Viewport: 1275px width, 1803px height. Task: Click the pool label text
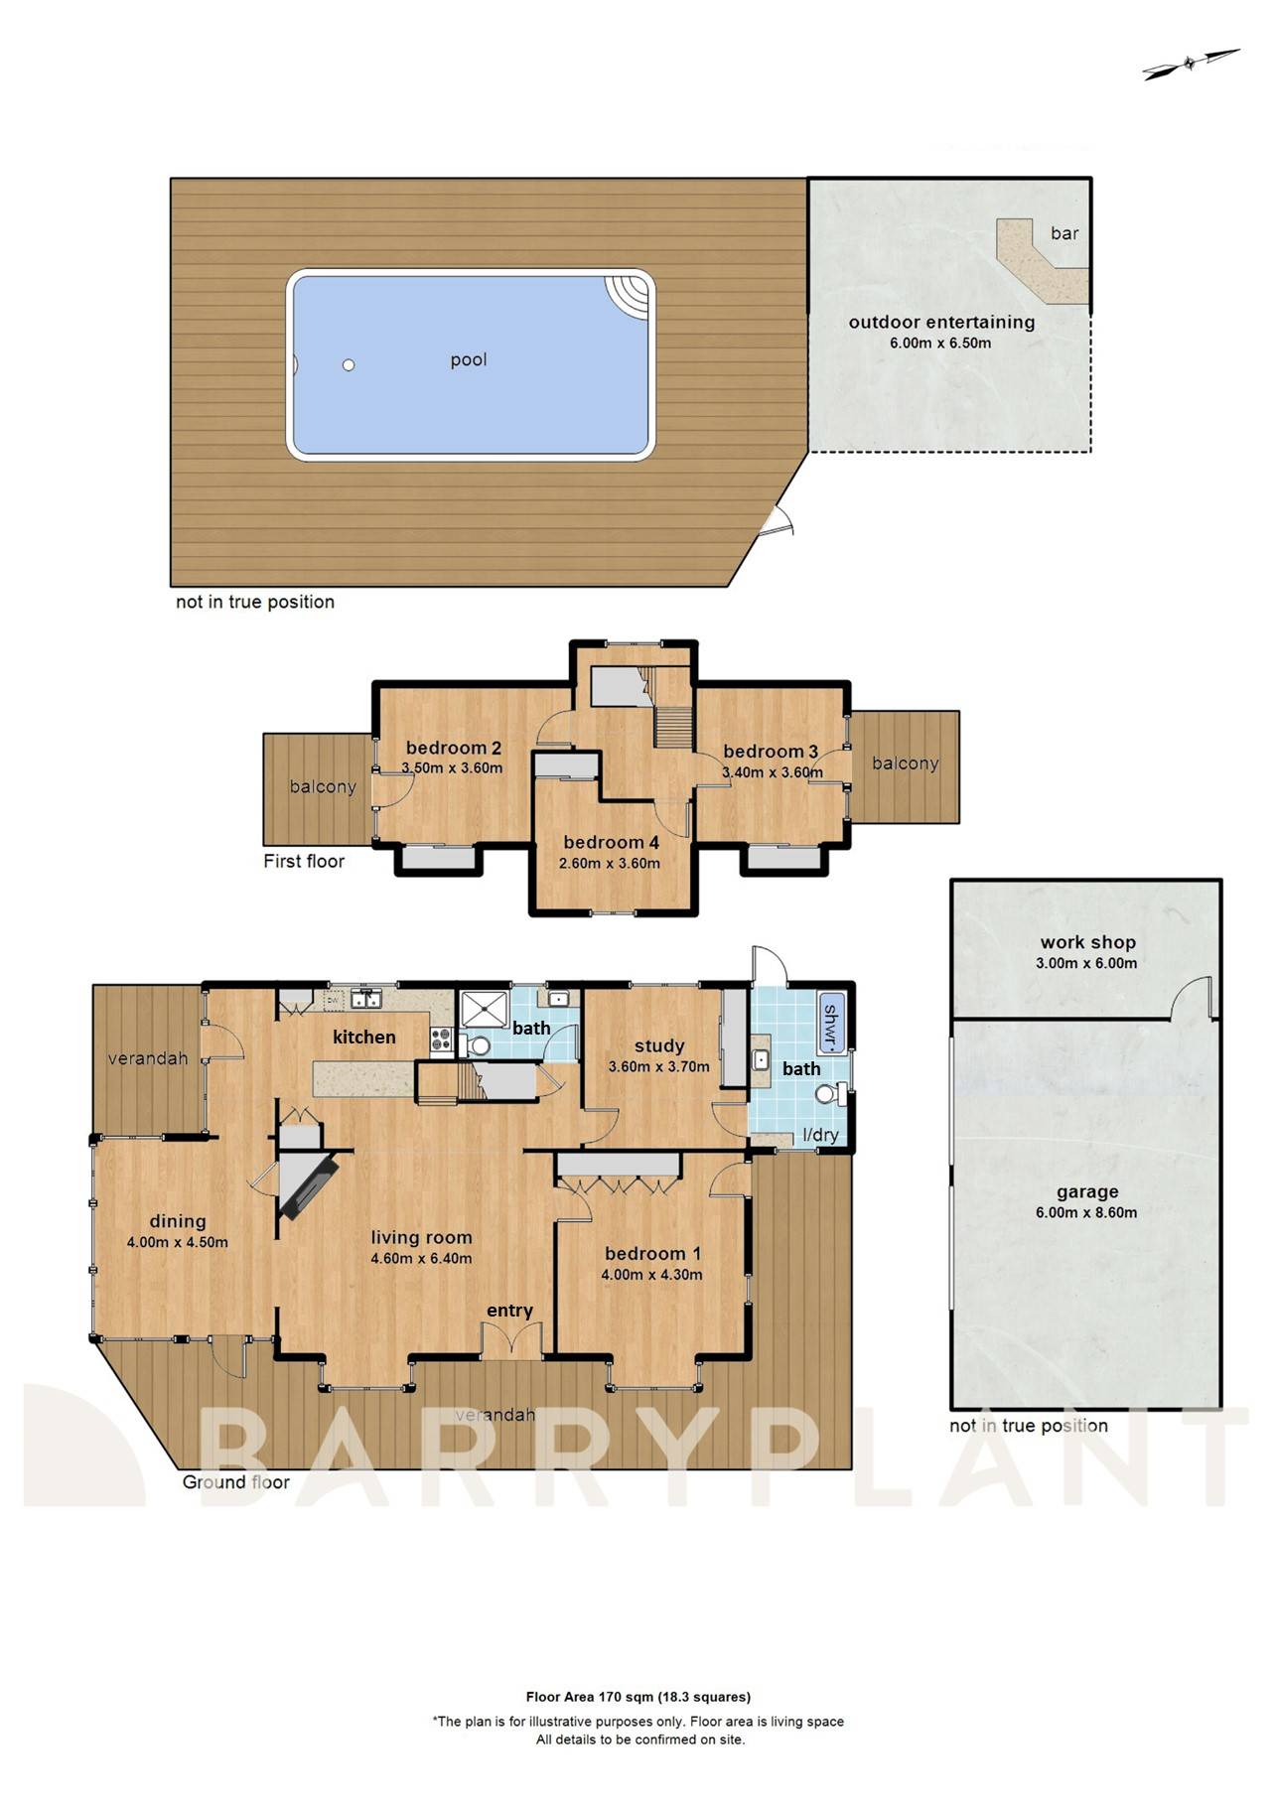click(468, 359)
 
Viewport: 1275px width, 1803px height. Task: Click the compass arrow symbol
click(1191, 65)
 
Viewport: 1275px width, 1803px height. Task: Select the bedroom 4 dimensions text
click(609, 864)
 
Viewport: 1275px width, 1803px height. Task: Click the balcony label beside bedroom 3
click(905, 763)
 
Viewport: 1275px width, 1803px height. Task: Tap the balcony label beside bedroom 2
click(322, 787)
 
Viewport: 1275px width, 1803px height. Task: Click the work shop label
click(1087, 942)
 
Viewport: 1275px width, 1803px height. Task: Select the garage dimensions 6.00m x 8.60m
click(1086, 1212)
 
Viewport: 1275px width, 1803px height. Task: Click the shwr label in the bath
click(831, 1022)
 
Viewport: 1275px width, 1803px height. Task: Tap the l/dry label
click(820, 1135)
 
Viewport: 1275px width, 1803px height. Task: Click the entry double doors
click(511, 1341)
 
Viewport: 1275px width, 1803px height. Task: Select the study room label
click(659, 1045)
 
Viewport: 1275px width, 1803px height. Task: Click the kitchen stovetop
click(442, 1040)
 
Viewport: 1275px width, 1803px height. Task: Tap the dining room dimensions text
click(177, 1242)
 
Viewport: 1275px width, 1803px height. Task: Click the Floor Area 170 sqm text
click(637, 1697)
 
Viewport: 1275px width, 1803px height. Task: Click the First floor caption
click(304, 861)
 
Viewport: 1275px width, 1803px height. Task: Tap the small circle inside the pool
click(349, 365)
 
